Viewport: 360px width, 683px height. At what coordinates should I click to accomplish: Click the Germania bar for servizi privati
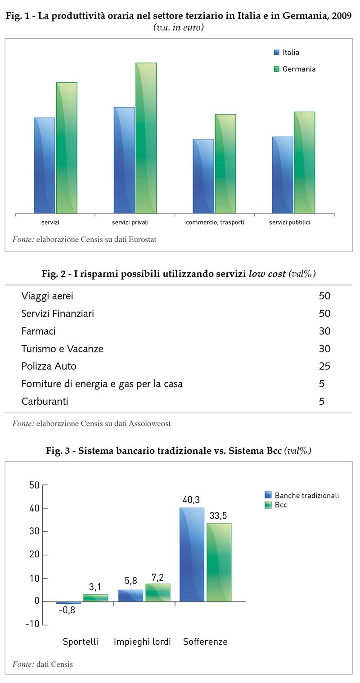[x=146, y=138]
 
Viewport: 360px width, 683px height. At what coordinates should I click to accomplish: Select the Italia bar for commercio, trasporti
[x=203, y=176]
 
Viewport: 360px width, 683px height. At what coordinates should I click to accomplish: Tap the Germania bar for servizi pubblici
[x=304, y=162]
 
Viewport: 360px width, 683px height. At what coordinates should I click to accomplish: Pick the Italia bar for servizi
[x=45, y=165]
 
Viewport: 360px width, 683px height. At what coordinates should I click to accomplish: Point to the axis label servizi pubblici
[x=290, y=222]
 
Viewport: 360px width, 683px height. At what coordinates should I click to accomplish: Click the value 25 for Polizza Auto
[x=324, y=366]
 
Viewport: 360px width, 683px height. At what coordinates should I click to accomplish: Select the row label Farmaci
[x=39, y=331]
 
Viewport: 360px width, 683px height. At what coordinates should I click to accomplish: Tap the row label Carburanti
[x=45, y=401]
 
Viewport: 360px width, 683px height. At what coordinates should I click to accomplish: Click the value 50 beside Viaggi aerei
[x=324, y=296]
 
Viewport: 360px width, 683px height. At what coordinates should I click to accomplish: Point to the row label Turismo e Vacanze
[x=63, y=349]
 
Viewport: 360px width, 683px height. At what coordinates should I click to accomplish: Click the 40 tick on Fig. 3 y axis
[x=35, y=508]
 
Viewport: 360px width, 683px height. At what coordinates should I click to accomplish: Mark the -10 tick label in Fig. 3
[x=32, y=625]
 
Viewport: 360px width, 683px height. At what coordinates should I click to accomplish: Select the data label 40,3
[x=191, y=500]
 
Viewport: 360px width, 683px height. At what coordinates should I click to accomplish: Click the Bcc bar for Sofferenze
[x=219, y=562]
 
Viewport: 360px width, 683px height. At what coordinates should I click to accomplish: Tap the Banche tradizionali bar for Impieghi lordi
[x=130, y=596]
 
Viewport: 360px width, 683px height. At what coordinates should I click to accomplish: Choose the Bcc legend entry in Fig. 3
[x=281, y=505]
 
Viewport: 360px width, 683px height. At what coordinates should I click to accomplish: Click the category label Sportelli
[x=81, y=642]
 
